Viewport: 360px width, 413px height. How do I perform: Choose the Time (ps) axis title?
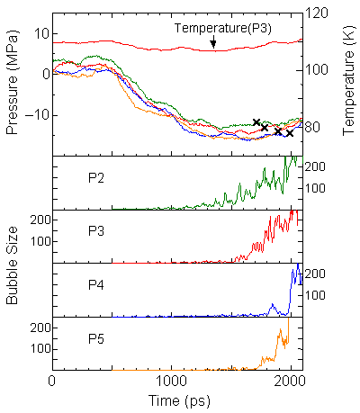[177, 402]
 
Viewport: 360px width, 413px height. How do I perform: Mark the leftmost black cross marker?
[256, 121]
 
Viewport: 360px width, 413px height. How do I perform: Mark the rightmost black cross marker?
[290, 133]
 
